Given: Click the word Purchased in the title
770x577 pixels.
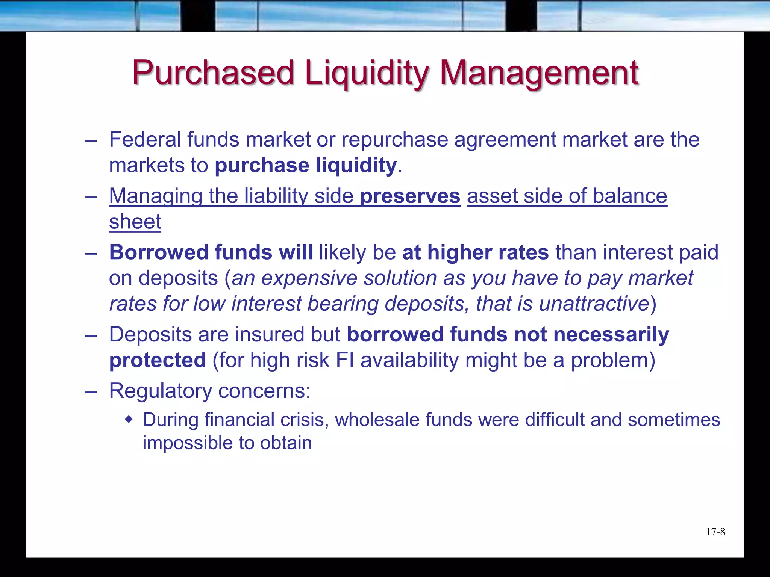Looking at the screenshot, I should tap(213, 73).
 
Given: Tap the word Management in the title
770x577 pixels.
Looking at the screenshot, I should tap(539, 73).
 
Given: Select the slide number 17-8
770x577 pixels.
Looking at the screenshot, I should tap(715, 532).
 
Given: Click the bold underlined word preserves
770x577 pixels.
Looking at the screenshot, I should tap(410, 196).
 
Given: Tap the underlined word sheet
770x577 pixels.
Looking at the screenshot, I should tap(135, 222).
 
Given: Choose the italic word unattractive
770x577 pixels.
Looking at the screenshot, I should tap(594, 304).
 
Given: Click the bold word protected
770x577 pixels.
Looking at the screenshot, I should tap(158, 360).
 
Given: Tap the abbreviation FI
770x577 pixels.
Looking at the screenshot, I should tap(345, 360).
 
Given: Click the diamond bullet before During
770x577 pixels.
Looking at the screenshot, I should tap(129, 419).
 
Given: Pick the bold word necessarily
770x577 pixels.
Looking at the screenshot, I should tap(611, 335).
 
